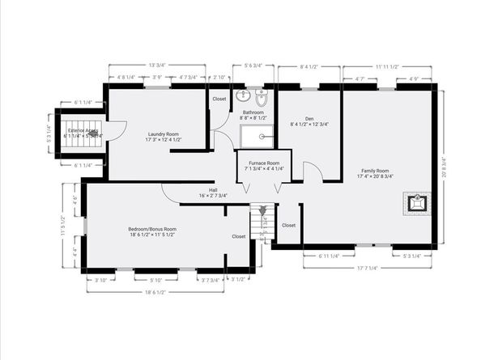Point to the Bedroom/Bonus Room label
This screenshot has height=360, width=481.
[x=152, y=231]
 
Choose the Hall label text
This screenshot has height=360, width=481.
[x=213, y=193]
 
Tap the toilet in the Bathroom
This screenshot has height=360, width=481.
[x=261, y=100]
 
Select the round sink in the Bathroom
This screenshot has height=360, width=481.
[x=243, y=95]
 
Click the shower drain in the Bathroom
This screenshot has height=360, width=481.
[x=262, y=137]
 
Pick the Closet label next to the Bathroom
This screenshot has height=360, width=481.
[x=219, y=99]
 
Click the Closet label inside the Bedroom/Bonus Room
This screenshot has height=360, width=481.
[x=239, y=236]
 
